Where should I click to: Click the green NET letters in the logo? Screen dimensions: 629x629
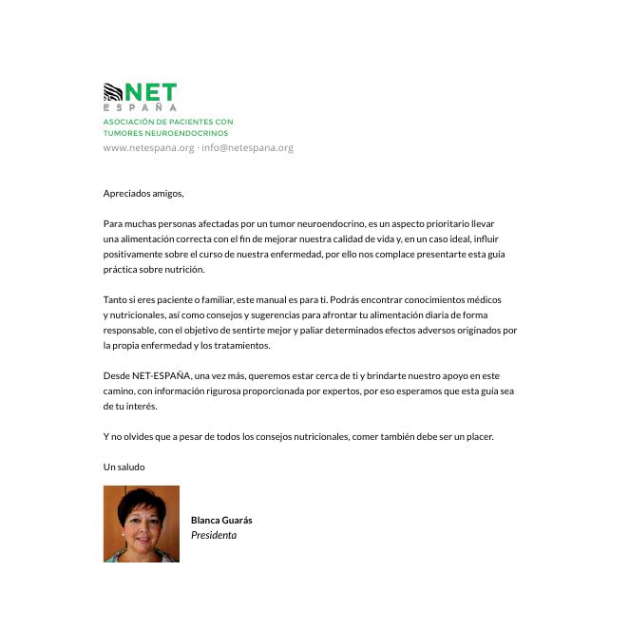[x=151, y=92]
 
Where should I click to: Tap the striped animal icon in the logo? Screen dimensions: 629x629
[x=113, y=92]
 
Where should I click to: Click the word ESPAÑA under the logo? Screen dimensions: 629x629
[x=140, y=107]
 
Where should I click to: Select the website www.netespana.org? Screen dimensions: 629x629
[x=148, y=148]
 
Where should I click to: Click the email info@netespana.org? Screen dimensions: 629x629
[x=247, y=148]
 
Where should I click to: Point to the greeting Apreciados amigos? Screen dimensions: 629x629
[x=143, y=194]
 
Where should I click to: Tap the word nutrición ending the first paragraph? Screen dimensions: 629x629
[x=185, y=270]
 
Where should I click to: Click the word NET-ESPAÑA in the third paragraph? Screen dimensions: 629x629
[x=161, y=376]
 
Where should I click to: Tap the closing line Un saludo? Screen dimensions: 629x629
[x=124, y=467]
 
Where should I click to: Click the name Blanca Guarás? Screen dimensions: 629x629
[x=221, y=521]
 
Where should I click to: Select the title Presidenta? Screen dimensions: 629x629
[x=214, y=536]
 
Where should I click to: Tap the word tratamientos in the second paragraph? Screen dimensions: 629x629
[x=241, y=346]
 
